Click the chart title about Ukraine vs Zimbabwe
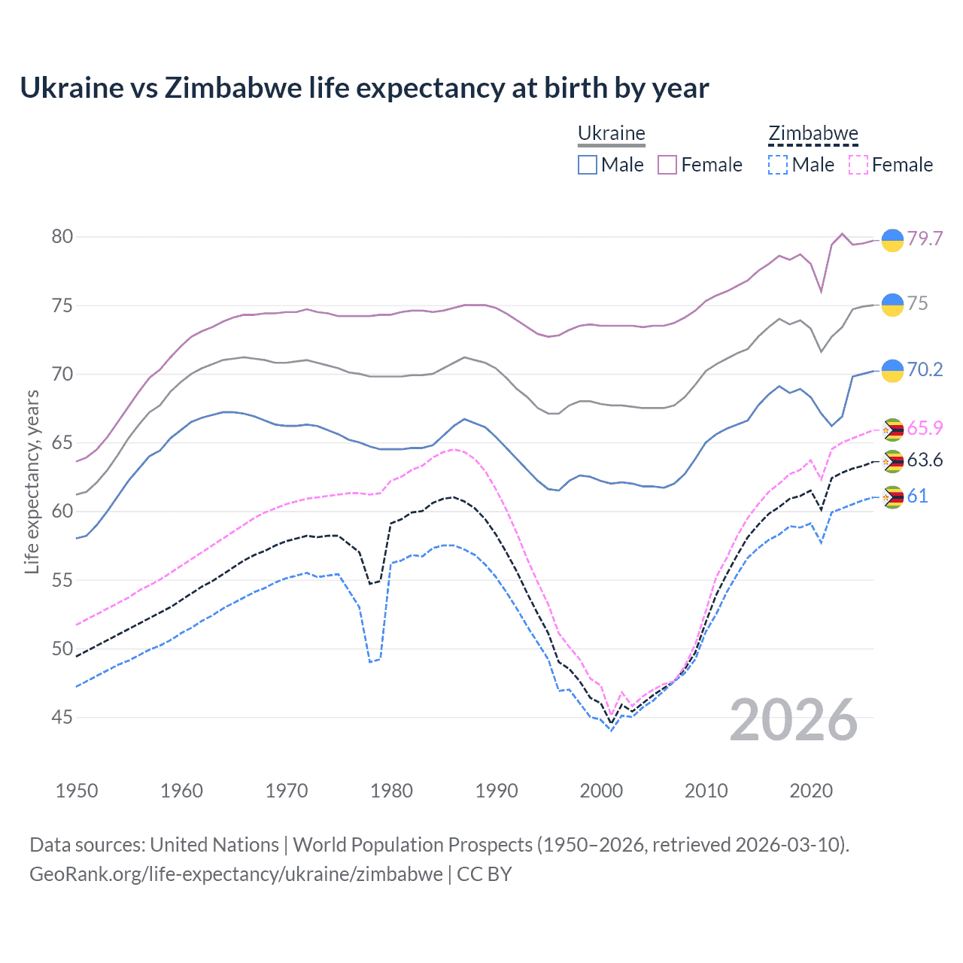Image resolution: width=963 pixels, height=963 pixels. pos(364,88)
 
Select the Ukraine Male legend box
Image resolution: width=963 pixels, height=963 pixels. pos(588,165)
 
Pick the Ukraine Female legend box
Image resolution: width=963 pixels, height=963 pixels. pos(667,165)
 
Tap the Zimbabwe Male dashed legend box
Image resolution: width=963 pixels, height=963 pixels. pos(778,165)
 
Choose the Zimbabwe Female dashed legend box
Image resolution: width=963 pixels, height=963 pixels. pos(858,165)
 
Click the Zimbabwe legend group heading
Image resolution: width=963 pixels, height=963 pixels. pos(813,134)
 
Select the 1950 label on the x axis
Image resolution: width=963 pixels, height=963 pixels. pos(77,791)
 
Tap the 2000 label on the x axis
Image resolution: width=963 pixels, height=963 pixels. pos(601,791)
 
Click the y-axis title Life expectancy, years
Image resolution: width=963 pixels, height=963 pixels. pos(32,481)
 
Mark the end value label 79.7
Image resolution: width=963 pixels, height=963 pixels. pos(925,238)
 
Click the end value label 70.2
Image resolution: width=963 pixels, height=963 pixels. pos(925,369)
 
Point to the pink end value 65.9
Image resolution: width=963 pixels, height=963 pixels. pos(925,428)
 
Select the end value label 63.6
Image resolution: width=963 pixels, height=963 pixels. pos(925,460)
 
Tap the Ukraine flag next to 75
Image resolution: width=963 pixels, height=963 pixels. pos(892,305)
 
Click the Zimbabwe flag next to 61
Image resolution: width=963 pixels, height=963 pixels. pos(892,497)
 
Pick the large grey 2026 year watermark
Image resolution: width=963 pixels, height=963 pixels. pos(794,720)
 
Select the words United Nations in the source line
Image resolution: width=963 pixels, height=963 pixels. pos(214,845)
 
